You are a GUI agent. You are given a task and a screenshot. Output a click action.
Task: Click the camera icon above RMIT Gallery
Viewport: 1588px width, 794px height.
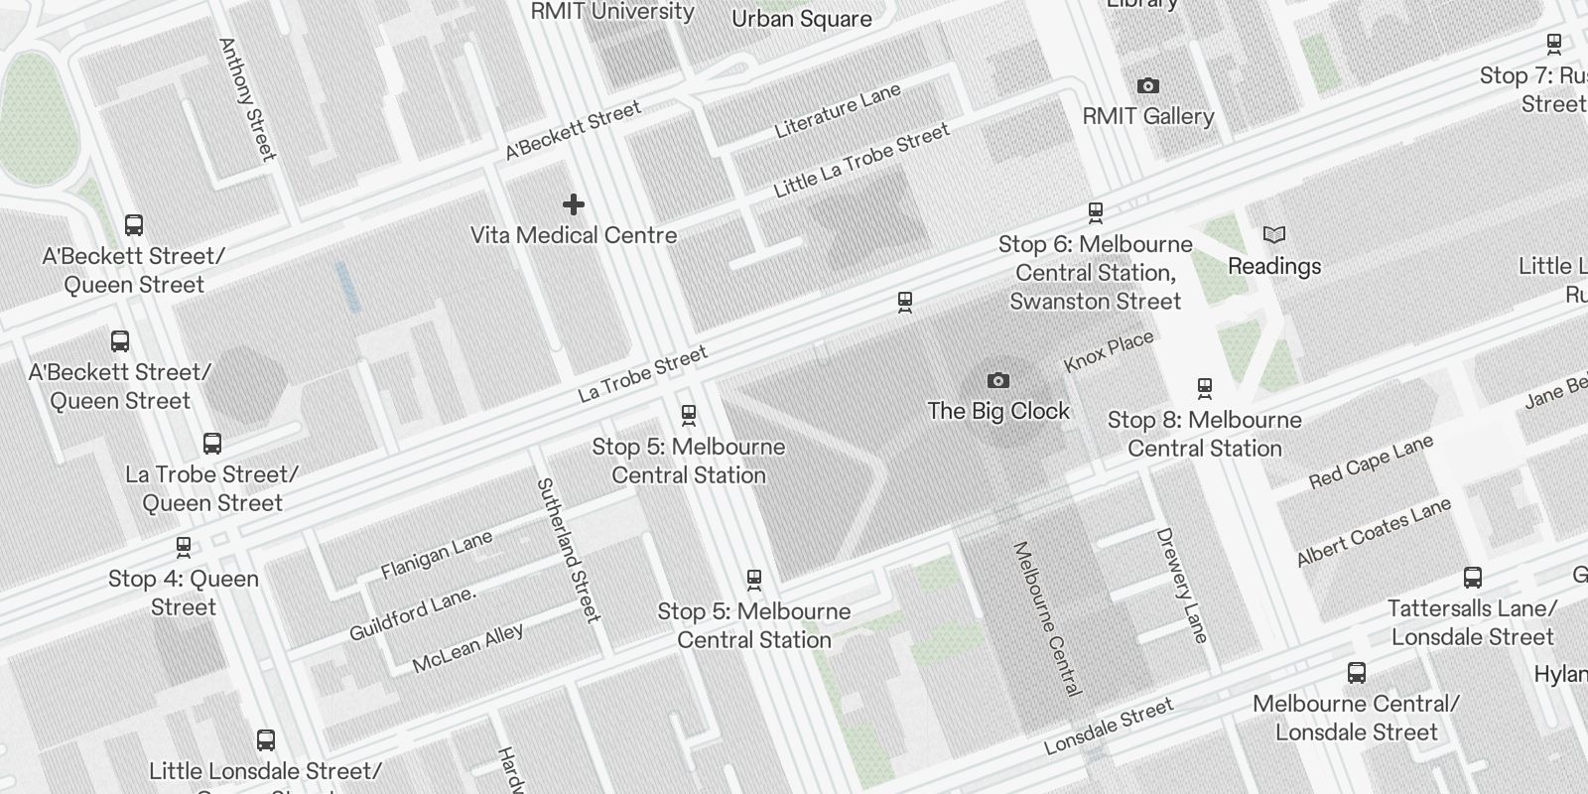click(1147, 86)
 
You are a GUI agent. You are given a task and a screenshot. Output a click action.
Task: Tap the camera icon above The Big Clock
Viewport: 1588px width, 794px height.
click(998, 380)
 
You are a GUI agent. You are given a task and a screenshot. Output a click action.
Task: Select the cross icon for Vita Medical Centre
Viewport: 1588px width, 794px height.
click(574, 204)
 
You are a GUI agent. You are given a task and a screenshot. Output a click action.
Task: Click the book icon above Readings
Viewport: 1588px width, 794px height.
click(1274, 235)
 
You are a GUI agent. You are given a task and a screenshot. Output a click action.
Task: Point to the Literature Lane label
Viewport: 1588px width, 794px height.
click(837, 110)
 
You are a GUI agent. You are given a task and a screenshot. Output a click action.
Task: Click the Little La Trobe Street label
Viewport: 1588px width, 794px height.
click(860, 160)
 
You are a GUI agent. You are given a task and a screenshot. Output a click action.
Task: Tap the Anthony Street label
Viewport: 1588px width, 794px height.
click(246, 98)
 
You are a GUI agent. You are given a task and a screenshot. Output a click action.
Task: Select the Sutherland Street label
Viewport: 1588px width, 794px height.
click(569, 549)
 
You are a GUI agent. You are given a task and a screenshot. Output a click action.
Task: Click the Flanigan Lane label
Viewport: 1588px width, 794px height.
click(437, 555)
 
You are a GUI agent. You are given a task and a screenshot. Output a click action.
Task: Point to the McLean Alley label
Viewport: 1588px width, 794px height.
click(467, 648)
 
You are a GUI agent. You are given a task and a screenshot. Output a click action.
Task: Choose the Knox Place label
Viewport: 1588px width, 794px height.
click(1109, 351)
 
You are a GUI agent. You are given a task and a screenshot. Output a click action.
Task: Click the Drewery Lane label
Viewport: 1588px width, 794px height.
click(1182, 586)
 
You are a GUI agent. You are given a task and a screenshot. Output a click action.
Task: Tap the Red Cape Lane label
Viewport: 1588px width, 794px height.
click(1370, 462)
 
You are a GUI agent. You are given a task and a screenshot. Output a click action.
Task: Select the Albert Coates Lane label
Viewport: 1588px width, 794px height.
click(1374, 532)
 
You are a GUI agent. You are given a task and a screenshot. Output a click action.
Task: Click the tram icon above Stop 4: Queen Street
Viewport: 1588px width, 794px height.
click(184, 546)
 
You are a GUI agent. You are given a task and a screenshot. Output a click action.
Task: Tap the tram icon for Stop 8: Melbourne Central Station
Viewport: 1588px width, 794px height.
click(1204, 387)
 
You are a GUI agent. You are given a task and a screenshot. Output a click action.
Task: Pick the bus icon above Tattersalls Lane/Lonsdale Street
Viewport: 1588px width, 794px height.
click(1473, 578)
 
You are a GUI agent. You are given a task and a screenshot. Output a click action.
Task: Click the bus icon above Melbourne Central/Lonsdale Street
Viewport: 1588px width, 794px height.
click(1357, 673)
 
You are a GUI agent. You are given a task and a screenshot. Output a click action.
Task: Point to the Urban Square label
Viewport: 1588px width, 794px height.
click(801, 19)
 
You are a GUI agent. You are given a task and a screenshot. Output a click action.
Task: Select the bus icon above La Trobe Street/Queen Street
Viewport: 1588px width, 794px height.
click(211, 443)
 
